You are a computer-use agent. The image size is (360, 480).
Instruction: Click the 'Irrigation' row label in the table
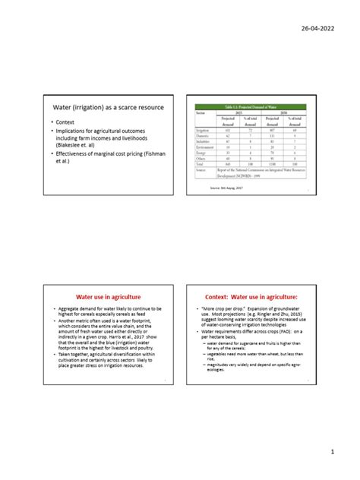[203, 131]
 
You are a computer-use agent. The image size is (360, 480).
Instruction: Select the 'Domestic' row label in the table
[203, 136]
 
